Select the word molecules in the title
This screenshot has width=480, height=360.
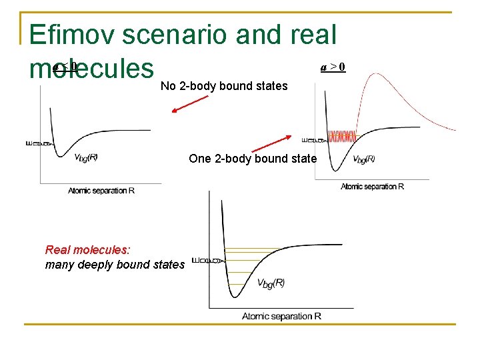coord(92,68)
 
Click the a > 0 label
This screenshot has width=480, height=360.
coord(333,67)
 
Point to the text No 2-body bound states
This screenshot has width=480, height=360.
coord(224,86)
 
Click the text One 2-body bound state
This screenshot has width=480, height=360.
coord(253,159)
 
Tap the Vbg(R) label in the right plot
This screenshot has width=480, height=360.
coord(363,159)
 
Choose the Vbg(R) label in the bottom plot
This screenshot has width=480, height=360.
coord(271,283)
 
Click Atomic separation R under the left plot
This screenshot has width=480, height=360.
coord(101,191)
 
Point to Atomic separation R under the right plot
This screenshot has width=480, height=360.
coord(372,187)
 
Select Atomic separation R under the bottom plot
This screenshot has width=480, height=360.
coord(281,316)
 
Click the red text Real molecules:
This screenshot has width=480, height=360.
coord(88,250)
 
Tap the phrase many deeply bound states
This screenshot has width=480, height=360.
coord(115,265)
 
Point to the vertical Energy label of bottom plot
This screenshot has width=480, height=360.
coord(199,260)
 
